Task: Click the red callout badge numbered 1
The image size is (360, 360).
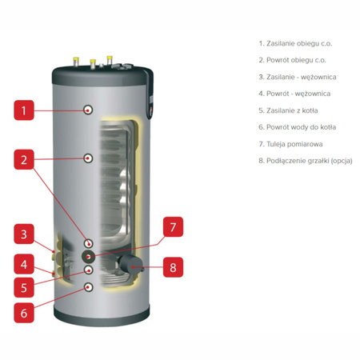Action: click(25, 111)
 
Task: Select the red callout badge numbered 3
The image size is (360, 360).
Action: click(25, 234)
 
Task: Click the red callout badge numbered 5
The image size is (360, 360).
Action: click(25, 286)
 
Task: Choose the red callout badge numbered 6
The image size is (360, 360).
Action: click(25, 313)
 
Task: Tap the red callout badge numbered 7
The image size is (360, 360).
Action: click(173, 228)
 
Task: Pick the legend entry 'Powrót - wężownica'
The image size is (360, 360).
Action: click(291, 93)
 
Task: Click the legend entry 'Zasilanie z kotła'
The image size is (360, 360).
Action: click(289, 110)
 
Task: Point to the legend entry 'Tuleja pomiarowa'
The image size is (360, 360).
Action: click(288, 143)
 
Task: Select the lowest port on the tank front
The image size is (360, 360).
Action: click(89, 286)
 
